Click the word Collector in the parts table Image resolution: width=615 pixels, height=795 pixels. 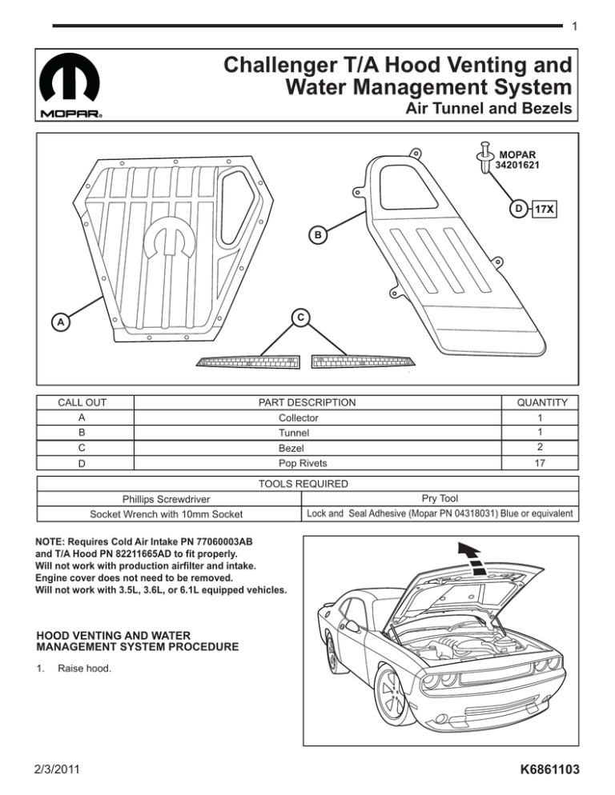(298, 417)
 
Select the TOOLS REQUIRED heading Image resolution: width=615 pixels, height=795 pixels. (307, 484)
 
